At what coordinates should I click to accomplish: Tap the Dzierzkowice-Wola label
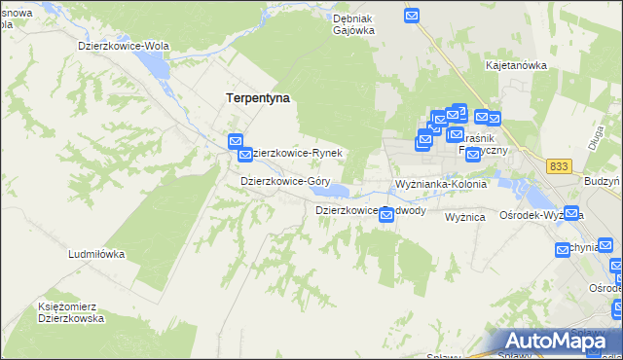tap(124, 46)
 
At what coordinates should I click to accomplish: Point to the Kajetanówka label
tap(516, 65)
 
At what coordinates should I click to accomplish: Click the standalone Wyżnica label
tap(465, 218)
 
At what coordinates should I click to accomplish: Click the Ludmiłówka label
tap(96, 254)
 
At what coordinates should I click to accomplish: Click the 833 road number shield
tap(558, 166)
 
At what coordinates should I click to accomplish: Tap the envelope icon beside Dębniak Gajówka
tap(412, 16)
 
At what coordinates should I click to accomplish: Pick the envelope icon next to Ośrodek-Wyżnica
tap(572, 214)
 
